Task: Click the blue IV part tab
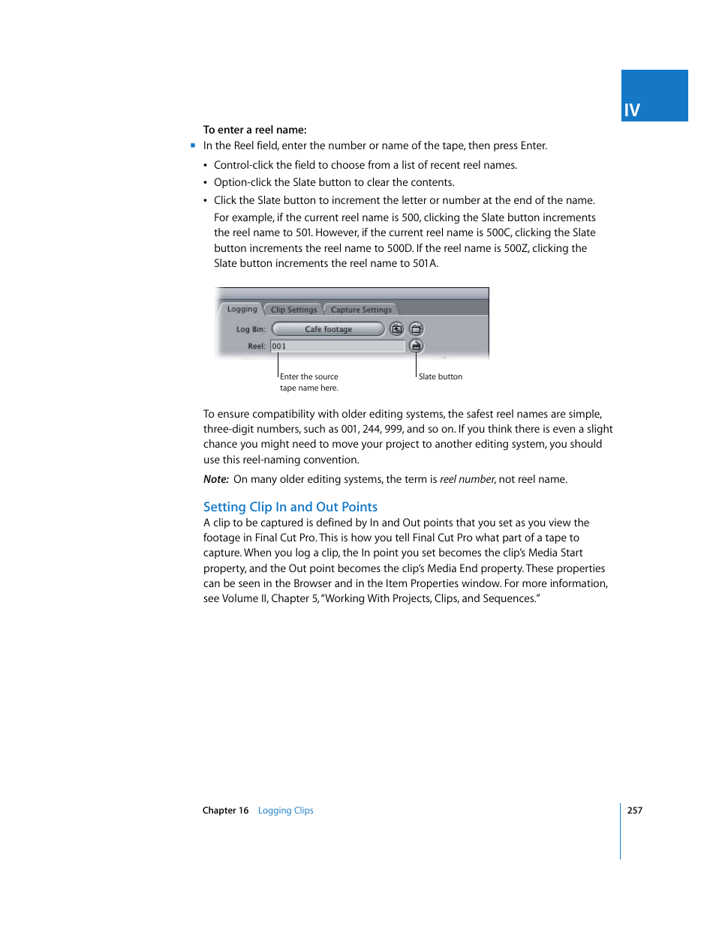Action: pyautogui.click(x=654, y=96)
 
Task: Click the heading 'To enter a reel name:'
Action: pyautogui.click(x=254, y=130)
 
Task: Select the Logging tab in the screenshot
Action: pyautogui.click(x=242, y=309)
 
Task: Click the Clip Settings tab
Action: pyautogui.click(x=293, y=310)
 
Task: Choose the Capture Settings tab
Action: pyautogui.click(x=361, y=310)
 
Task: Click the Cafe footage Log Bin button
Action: pyautogui.click(x=328, y=329)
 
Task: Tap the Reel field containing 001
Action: pyautogui.click(x=337, y=346)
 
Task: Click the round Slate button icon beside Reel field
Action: pyautogui.click(x=417, y=346)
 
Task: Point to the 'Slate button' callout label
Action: pyautogui.click(x=441, y=376)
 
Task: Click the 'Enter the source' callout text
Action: pyautogui.click(x=308, y=376)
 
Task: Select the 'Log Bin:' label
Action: pyautogui.click(x=251, y=329)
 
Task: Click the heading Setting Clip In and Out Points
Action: pyautogui.click(x=290, y=507)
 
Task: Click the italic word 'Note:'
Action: pyautogui.click(x=216, y=479)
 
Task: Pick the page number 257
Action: pyautogui.click(x=635, y=810)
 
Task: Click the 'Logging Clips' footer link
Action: pyautogui.click(x=285, y=811)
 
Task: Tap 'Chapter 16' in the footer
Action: pyautogui.click(x=225, y=811)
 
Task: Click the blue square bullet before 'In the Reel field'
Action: pyautogui.click(x=193, y=145)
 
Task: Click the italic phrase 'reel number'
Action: pyautogui.click(x=467, y=479)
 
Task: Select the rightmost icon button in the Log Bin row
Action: pyautogui.click(x=417, y=329)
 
